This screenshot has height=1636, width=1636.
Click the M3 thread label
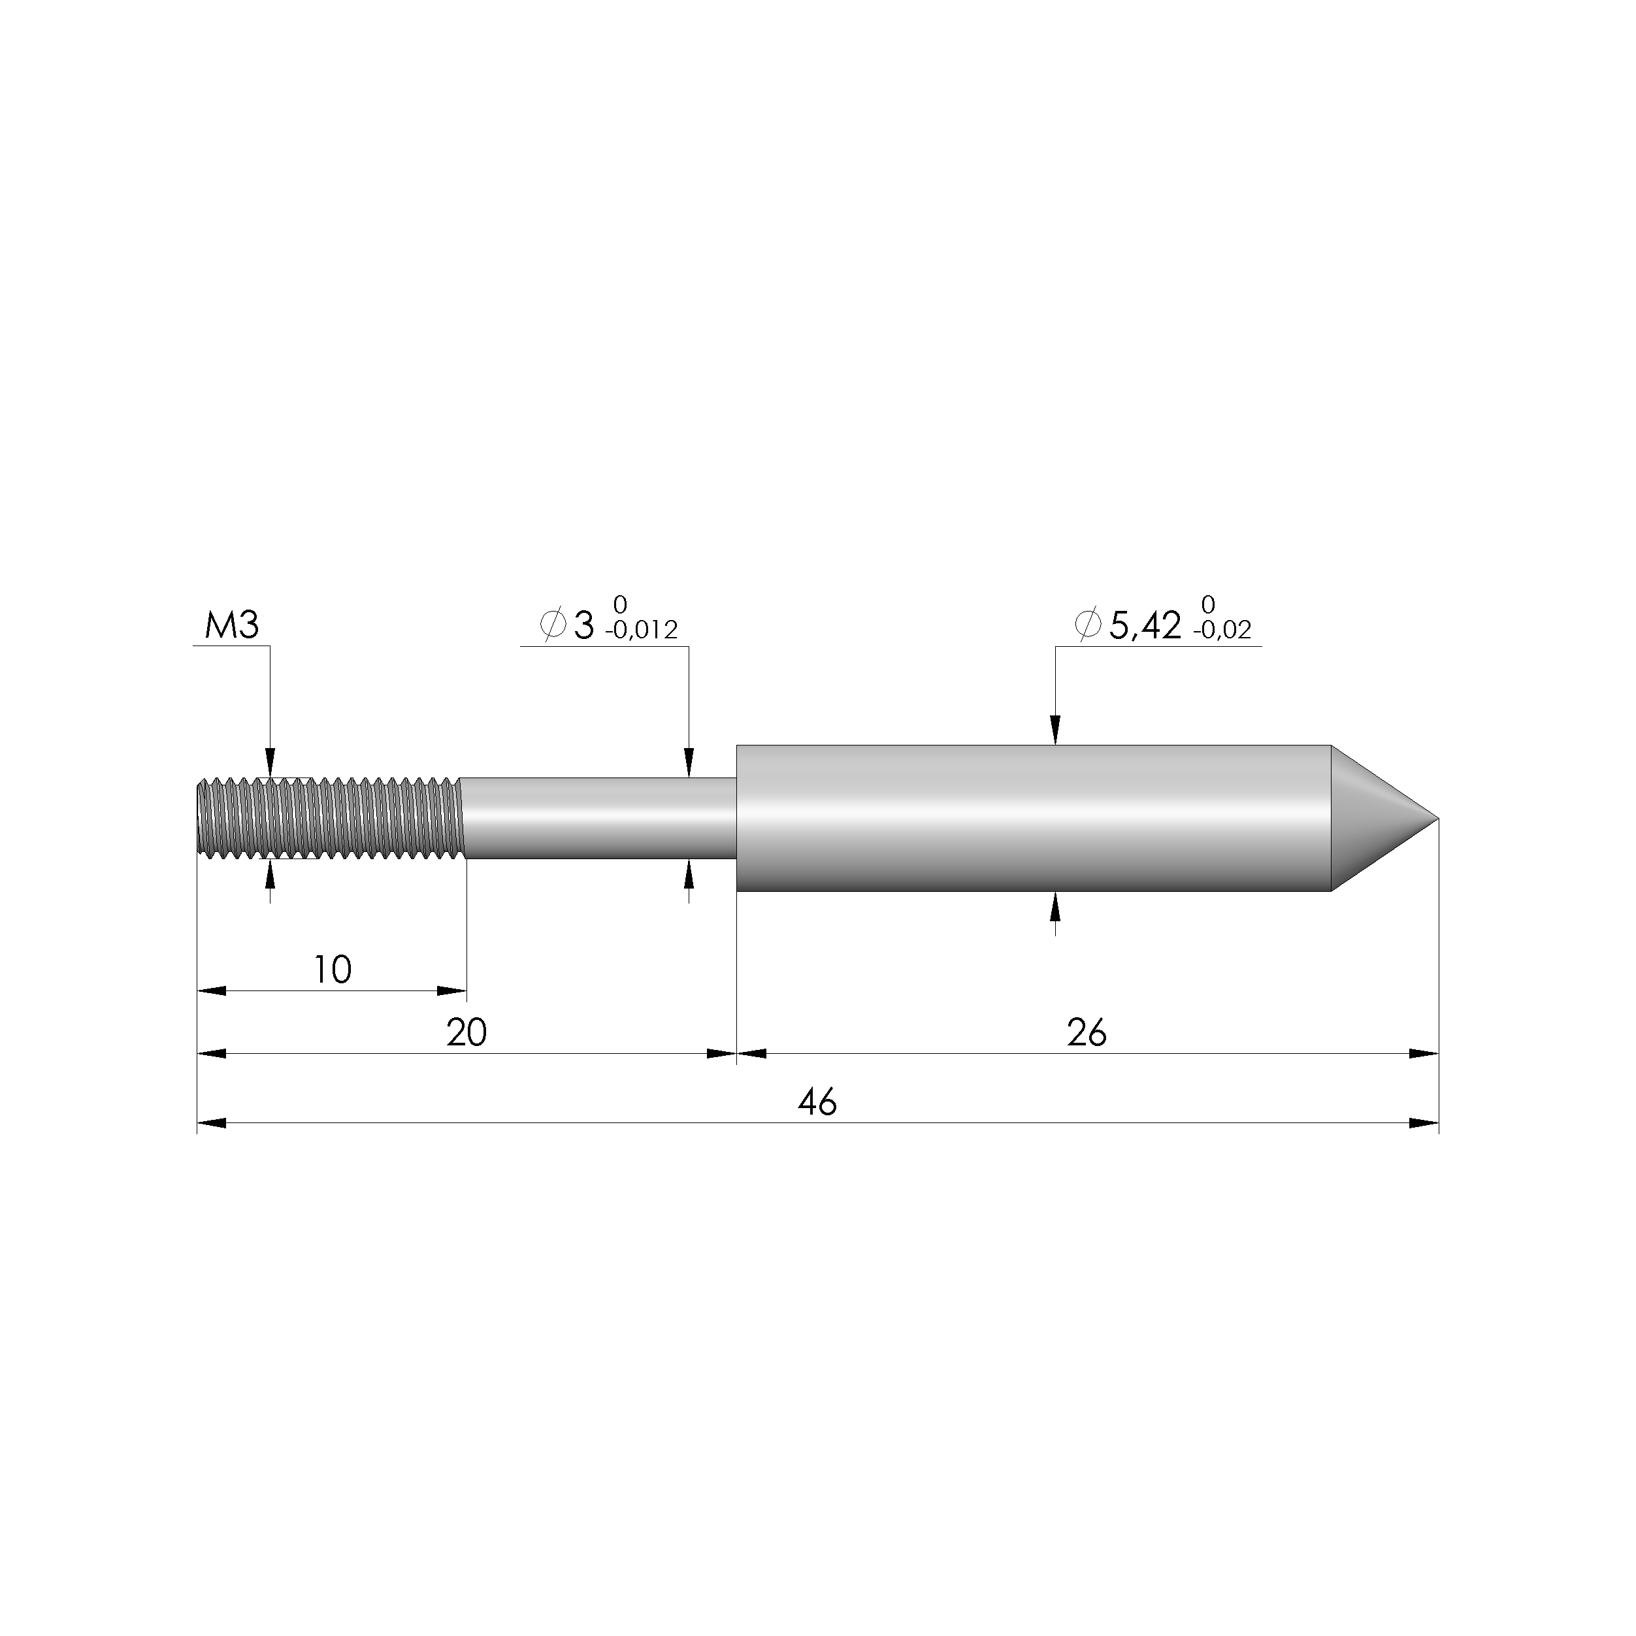coord(231,626)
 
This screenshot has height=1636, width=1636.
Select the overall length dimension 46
coord(817,1102)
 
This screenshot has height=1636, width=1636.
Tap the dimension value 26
coord(1087,1033)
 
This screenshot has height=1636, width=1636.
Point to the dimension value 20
coord(466,1033)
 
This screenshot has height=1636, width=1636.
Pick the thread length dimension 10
coord(333,970)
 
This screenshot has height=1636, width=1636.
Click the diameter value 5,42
coord(1145,626)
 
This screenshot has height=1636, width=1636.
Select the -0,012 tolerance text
coord(641,630)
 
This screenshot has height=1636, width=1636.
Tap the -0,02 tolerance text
coord(1222,630)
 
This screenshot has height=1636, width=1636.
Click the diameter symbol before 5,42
coord(1087,625)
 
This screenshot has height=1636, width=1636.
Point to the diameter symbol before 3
coord(553,625)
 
